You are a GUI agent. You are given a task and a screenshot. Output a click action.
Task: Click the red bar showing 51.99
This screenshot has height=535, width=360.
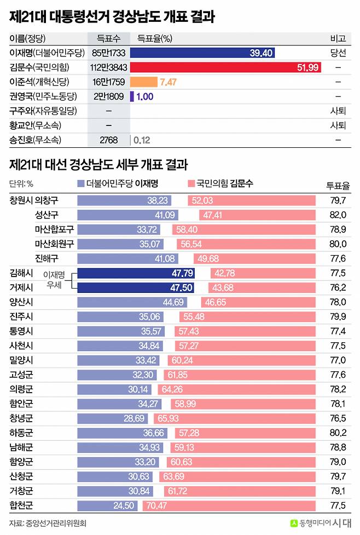tap(225, 67)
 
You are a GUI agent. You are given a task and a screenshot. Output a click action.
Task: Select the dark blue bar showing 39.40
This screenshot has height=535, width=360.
tap(202, 53)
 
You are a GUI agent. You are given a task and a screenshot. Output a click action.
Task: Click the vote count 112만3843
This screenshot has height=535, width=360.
tap(108, 67)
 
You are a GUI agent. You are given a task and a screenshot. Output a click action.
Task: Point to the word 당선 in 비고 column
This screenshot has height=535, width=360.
tap(338, 53)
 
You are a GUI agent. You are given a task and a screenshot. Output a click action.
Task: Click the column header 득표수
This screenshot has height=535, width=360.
tap(108, 38)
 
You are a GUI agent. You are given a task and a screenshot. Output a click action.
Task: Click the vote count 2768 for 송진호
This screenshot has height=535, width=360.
tap(108, 140)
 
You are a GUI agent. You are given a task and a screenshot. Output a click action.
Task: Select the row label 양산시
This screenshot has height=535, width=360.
tap(21, 302)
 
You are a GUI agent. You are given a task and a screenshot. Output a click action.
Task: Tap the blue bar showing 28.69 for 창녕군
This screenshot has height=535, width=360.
tap(109, 418)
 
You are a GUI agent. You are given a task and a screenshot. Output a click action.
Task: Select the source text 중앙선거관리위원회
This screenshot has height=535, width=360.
tap(56, 523)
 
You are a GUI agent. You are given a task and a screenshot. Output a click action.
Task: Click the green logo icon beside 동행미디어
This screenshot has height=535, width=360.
tap(294, 523)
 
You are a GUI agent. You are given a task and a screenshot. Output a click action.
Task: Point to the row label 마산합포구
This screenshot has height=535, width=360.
tap(54, 229)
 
